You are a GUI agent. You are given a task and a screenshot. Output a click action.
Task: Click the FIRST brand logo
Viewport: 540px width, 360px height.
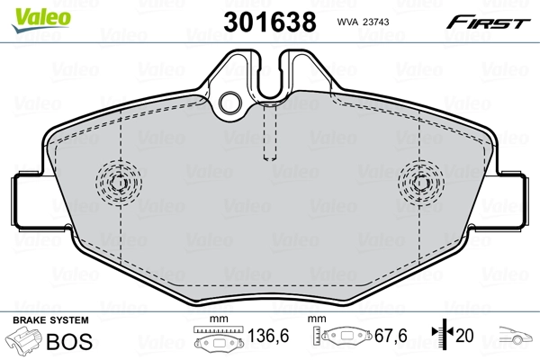(x=499, y=21)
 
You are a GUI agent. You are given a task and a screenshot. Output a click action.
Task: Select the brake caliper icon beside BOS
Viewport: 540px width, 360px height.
(x=24, y=342)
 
